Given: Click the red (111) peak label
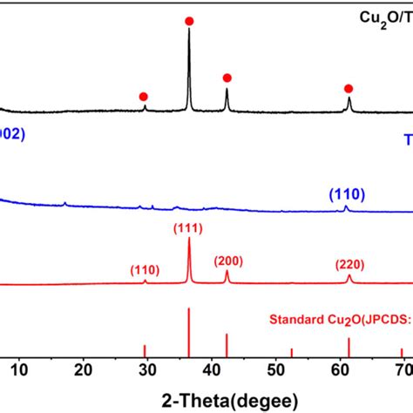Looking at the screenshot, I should pyautogui.click(x=189, y=228).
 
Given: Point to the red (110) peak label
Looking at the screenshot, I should pyautogui.click(x=146, y=269).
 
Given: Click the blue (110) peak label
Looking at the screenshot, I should pyautogui.click(x=347, y=193).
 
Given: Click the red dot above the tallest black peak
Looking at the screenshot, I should pyautogui.click(x=189, y=20).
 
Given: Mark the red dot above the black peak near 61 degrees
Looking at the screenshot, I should pyautogui.click(x=349, y=88).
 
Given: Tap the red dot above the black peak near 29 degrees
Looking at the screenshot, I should pyautogui.click(x=143, y=96).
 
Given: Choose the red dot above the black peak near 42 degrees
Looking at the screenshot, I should pyautogui.click(x=227, y=78).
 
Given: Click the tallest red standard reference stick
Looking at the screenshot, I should pyautogui.click(x=189, y=332).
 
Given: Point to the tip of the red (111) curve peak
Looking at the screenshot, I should pyautogui.click(x=189, y=239).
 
